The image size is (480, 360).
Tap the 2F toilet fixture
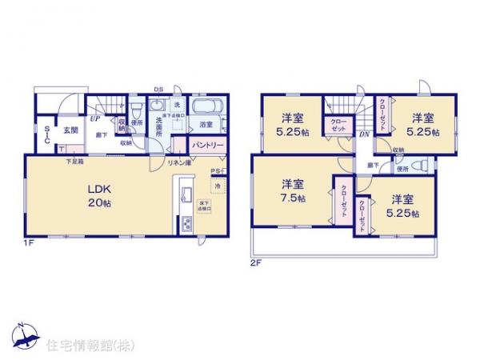tap(422, 166)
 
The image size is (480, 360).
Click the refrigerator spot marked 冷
tap(216, 186)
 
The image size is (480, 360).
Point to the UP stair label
tap(94, 119)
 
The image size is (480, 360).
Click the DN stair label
tap(364, 135)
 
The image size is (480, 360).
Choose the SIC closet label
tap(49, 134)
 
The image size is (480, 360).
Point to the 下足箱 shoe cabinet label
tap(74, 162)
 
